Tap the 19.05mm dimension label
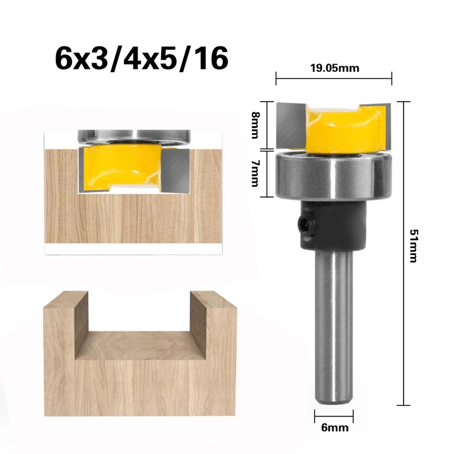(334, 68)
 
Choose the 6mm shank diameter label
(333, 428)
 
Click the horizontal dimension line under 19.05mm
(334, 78)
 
